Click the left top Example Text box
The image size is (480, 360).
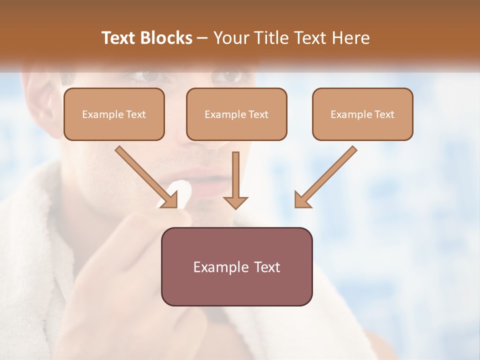point(114,114)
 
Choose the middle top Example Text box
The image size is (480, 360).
point(236,114)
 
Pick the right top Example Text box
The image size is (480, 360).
point(362,114)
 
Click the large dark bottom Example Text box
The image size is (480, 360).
point(236,267)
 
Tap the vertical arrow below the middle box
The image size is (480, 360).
point(235,177)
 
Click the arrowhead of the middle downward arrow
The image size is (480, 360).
point(235,201)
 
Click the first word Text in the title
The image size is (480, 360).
point(119,38)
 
